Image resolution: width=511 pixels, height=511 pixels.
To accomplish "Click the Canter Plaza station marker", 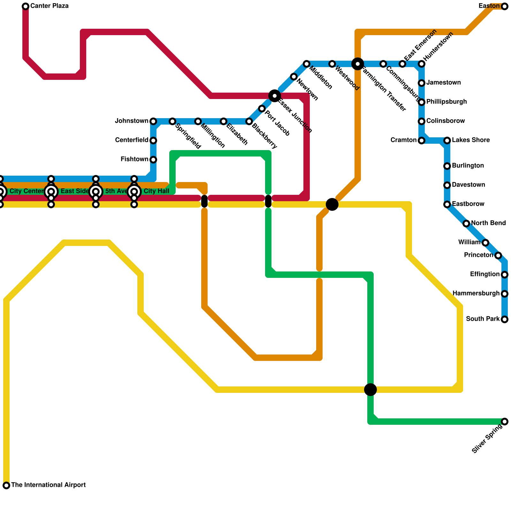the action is (x=26, y=6).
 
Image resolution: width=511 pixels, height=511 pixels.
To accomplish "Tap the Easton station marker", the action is (x=505, y=6).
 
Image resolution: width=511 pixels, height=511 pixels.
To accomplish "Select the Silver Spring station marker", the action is (x=505, y=422).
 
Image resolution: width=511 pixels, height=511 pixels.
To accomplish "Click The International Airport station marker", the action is (x=6, y=485).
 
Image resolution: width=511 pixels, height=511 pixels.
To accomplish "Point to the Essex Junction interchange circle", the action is (x=275, y=96).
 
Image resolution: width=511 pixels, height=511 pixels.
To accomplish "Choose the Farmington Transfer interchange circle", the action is (x=358, y=64).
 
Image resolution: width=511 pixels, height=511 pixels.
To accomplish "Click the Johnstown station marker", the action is (x=153, y=121).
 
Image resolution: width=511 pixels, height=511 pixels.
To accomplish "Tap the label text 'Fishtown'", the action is (x=134, y=159).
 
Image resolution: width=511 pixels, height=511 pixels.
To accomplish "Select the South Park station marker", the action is (x=505, y=319).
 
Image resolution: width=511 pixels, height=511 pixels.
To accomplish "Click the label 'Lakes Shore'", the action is (x=471, y=140).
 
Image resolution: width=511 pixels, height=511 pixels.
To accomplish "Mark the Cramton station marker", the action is (x=422, y=141).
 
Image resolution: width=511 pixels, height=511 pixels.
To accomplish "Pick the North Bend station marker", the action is (x=466, y=224).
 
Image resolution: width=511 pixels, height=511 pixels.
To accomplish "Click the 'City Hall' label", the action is (x=156, y=192).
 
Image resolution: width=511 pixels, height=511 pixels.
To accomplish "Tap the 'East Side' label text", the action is (x=75, y=192).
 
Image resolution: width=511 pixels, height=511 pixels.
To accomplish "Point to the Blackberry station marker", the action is (x=249, y=121).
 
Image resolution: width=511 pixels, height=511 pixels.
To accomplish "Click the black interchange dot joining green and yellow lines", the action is (x=370, y=390).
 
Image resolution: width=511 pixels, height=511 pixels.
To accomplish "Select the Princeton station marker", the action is (x=498, y=256).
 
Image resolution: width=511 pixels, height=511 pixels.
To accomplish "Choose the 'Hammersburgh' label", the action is (x=476, y=294).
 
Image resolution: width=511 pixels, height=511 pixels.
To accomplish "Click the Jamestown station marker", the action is (x=422, y=83).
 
